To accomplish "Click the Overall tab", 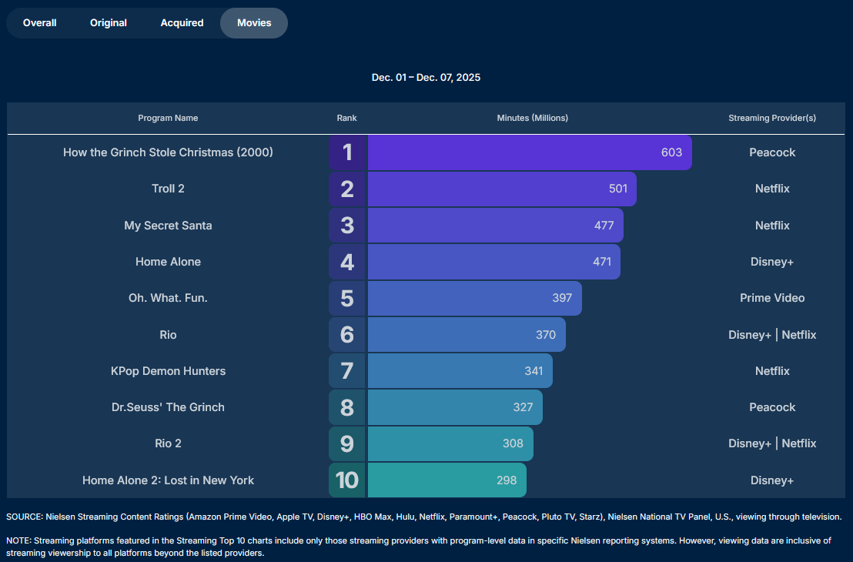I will (40, 23).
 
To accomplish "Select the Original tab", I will (109, 23).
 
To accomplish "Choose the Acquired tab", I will (182, 23).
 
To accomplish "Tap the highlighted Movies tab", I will (254, 23).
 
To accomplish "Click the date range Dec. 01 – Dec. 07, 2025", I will (426, 78).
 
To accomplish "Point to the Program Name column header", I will (168, 118).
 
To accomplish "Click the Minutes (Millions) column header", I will (533, 118).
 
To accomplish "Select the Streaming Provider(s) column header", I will (772, 118).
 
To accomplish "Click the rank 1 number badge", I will (348, 152).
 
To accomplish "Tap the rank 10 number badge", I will (348, 480).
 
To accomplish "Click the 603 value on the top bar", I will (671, 152).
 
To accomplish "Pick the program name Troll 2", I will (168, 189).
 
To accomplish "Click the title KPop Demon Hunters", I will (168, 371).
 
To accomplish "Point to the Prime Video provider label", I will (772, 298).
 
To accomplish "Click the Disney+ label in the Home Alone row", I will (772, 262).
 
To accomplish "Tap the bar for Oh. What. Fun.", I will (474, 298).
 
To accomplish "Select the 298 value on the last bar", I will (507, 480).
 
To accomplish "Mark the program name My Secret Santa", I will (168, 226).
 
